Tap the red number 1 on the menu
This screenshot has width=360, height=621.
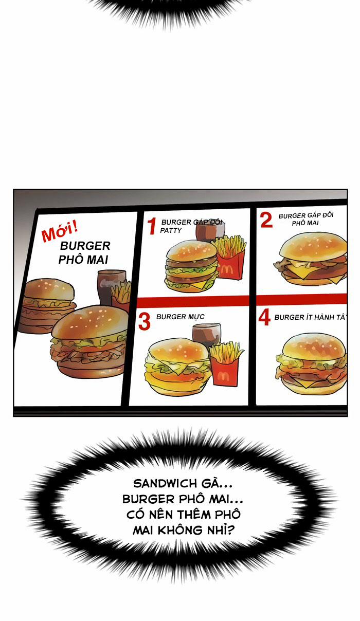tap(152, 226)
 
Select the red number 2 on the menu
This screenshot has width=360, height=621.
tap(266, 220)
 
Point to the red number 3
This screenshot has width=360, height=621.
tap(144, 322)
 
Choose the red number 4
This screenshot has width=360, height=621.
tap(264, 318)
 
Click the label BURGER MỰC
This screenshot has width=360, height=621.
tap(181, 317)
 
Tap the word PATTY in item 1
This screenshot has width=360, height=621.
tap(171, 230)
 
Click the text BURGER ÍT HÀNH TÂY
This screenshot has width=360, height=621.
tap(311, 317)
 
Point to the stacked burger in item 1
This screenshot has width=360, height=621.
tap(192, 266)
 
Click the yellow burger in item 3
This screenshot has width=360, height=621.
tap(177, 367)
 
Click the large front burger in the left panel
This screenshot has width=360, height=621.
tap(89, 341)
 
